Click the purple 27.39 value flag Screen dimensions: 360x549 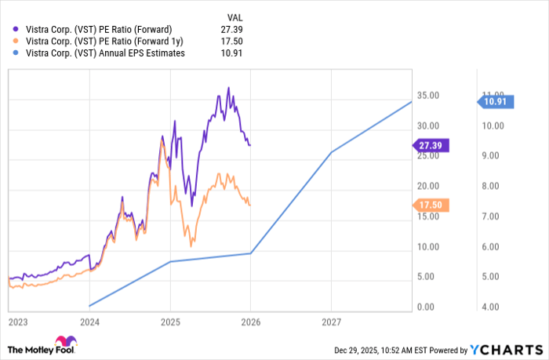pos(430,145)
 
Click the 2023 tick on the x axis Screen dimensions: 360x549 pos(17,321)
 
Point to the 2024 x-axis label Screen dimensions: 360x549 pos(89,321)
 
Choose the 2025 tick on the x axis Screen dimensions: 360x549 pos(170,321)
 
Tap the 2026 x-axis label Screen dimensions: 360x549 pos(250,321)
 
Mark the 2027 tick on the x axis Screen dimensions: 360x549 pos(331,321)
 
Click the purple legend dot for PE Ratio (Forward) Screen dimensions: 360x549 pos(17,30)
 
